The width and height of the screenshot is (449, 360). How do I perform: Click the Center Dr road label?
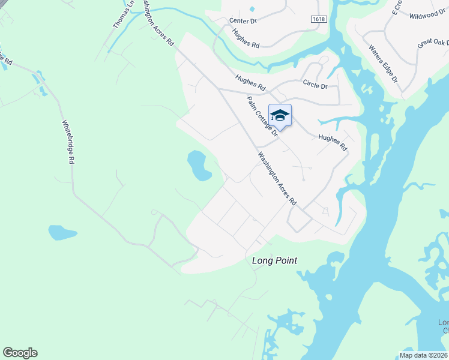tap(243, 20)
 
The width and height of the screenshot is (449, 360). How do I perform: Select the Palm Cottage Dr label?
tap(262, 117)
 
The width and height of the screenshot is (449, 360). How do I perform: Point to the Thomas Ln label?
tap(123, 16)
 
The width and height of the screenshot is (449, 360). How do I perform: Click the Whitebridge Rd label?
tap(68, 142)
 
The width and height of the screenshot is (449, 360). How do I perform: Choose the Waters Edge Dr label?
tap(383, 63)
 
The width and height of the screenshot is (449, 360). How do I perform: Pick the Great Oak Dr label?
tap(433, 44)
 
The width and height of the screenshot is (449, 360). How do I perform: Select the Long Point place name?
tap(274, 260)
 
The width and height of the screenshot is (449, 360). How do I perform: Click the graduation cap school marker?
tap(280, 115)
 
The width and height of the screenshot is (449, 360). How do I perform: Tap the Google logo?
tap(20, 353)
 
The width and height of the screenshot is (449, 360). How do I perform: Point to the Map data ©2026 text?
tap(423, 355)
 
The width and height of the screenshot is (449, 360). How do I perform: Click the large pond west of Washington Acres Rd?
tap(199, 166)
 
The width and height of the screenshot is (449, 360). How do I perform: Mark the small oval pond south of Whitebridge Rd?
tap(62, 232)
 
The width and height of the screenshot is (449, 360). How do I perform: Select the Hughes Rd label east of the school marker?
tap(333, 142)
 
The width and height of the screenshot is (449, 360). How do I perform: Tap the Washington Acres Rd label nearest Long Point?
tap(277, 179)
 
